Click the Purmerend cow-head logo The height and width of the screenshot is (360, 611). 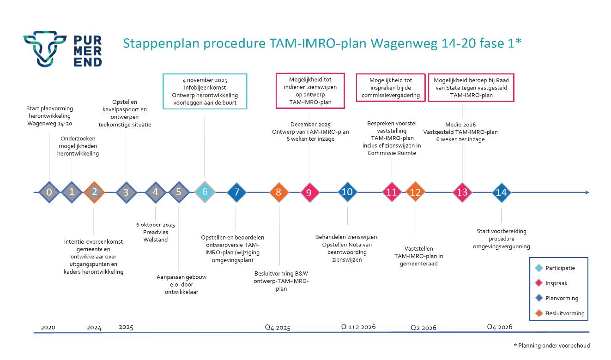pyautogui.click(x=45, y=49)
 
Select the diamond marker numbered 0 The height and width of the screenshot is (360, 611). pyautogui.click(x=49, y=192)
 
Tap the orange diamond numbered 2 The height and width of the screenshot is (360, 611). pyautogui.click(x=94, y=192)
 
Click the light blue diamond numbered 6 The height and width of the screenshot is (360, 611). pyautogui.click(x=205, y=192)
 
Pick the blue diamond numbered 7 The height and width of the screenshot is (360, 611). pyautogui.click(x=236, y=192)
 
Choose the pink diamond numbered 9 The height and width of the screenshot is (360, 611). pyautogui.click(x=310, y=192)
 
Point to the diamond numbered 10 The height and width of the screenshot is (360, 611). pyautogui.click(x=347, y=192)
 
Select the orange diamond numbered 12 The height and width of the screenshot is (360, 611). pyautogui.click(x=415, y=192)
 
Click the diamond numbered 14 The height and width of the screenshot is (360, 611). pyautogui.click(x=502, y=192)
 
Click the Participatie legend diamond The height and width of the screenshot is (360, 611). pyautogui.click(x=539, y=268)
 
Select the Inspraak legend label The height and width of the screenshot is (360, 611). pyautogui.click(x=556, y=283)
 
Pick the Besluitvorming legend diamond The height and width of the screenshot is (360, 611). pyautogui.click(x=539, y=313)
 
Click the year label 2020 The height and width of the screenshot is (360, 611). pyautogui.click(x=48, y=327)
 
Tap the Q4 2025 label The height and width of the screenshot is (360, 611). pyautogui.click(x=278, y=327)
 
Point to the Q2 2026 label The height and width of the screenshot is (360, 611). pyautogui.click(x=423, y=328)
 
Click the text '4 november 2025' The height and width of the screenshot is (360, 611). pyautogui.click(x=205, y=80)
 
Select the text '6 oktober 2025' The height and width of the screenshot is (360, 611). pyautogui.click(x=156, y=225)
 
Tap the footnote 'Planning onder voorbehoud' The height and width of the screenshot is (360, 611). pyautogui.click(x=554, y=346)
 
